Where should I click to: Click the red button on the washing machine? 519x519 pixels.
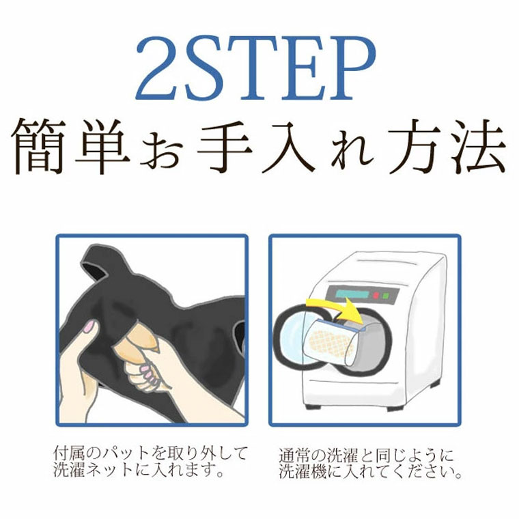point(376,295)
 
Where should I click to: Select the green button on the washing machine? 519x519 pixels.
point(385,296)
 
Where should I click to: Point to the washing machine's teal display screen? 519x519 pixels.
point(351,294)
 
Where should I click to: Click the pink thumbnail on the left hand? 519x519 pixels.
point(88,327)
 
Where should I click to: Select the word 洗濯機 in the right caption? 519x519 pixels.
point(302,471)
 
